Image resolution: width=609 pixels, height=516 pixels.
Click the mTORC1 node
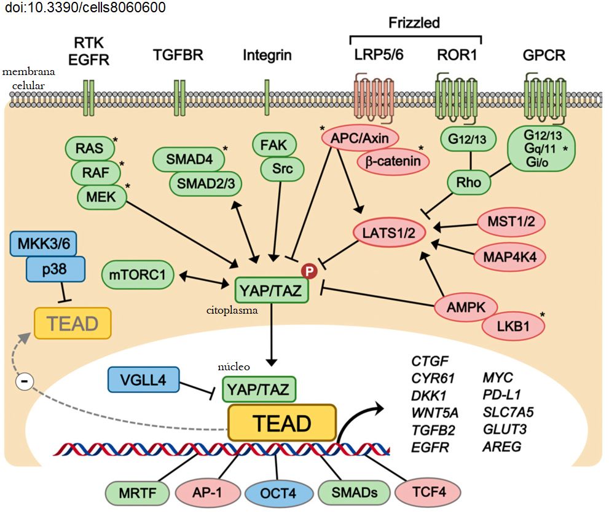[138, 274]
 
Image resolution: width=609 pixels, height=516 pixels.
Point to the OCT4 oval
[277, 493]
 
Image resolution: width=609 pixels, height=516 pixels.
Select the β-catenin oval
[393, 162]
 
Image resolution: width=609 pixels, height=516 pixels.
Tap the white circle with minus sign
[25, 381]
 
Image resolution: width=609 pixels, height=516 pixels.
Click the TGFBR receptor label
[178, 56]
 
